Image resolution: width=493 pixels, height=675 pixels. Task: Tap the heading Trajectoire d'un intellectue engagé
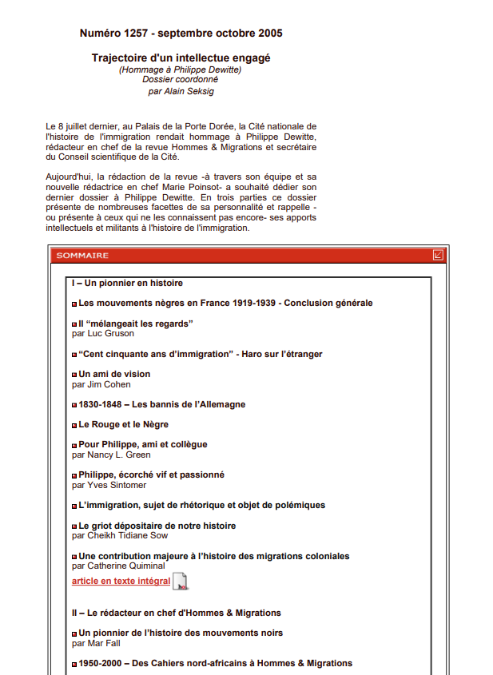(181, 58)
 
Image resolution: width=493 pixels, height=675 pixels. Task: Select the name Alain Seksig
(189, 91)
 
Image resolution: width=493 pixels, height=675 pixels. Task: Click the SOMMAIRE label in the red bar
(82, 256)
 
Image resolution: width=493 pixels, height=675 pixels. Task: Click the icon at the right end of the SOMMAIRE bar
(438, 256)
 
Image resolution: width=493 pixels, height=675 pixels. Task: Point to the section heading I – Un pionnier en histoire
(127, 283)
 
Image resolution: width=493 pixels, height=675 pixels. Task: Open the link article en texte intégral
(121, 581)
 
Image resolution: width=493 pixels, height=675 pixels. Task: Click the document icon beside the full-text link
(181, 582)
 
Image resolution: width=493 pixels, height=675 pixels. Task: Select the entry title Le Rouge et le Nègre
(123, 424)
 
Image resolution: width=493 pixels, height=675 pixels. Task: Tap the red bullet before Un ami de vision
(74, 375)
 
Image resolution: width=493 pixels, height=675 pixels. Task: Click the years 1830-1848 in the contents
(99, 404)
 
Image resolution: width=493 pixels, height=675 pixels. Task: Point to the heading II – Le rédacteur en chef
(176, 613)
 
